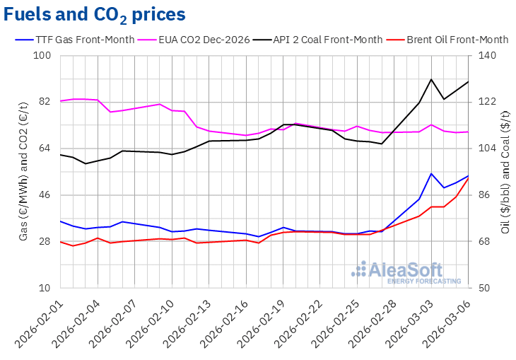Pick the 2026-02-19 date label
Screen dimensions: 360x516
click(267, 321)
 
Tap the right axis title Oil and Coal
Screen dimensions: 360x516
click(506, 172)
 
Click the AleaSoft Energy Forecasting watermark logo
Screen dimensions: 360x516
click(397, 272)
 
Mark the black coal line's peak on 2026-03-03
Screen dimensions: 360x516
click(431, 79)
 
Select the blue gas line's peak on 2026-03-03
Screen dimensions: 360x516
click(431, 173)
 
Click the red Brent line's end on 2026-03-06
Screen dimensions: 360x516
click(469, 178)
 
